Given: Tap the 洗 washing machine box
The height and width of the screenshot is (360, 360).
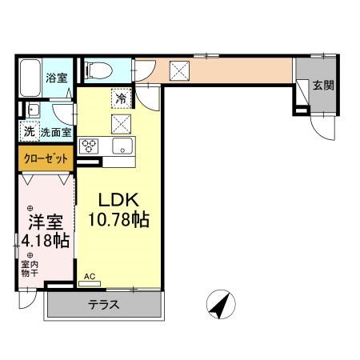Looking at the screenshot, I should tap(29, 131).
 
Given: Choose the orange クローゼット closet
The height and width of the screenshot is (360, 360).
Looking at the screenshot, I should tap(46, 159).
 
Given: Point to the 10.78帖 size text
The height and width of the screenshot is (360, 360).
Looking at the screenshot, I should tap(120, 218).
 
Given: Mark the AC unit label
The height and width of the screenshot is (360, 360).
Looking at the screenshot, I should tap(90, 277).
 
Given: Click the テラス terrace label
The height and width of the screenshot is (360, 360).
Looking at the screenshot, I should tap(104, 304).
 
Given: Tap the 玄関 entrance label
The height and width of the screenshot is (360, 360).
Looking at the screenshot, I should tap(323, 86).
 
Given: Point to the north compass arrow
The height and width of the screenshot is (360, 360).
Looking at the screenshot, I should tap(221, 305).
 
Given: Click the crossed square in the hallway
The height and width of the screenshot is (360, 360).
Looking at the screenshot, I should tap(179, 70).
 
